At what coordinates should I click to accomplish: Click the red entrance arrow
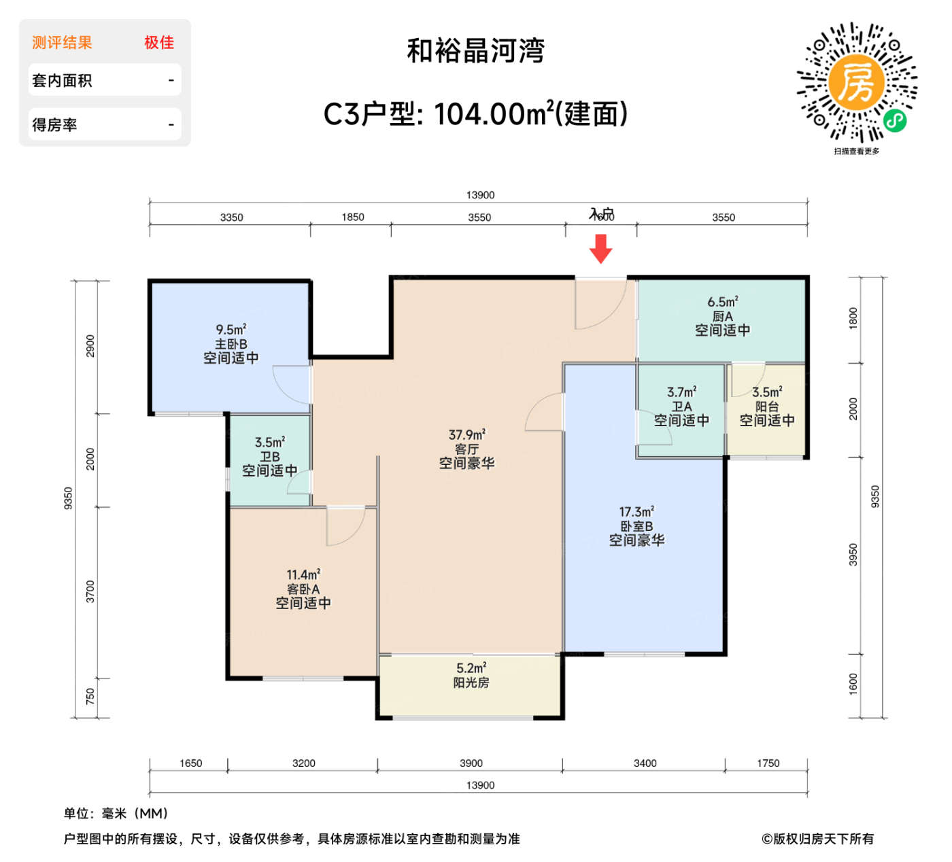pyautogui.click(x=600, y=249)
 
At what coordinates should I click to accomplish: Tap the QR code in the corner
pyautogui.click(x=857, y=83)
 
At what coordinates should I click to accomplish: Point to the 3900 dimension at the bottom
pyautogui.click(x=471, y=763)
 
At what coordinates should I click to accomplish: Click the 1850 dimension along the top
pyautogui.click(x=352, y=218)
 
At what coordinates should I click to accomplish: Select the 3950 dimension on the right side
pyautogui.click(x=853, y=555)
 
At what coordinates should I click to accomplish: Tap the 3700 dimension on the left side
pyautogui.click(x=90, y=591)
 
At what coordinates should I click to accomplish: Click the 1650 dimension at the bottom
pyautogui.click(x=191, y=763)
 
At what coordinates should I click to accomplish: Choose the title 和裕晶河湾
pyautogui.click(x=476, y=51)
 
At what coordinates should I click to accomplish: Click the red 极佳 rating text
pyautogui.click(x=159, y=43)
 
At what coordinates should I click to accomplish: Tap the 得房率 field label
pyautogui.click(x=54, y=125)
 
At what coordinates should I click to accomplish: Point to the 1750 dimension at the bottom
pyautogui.click(x=768, y=763)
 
